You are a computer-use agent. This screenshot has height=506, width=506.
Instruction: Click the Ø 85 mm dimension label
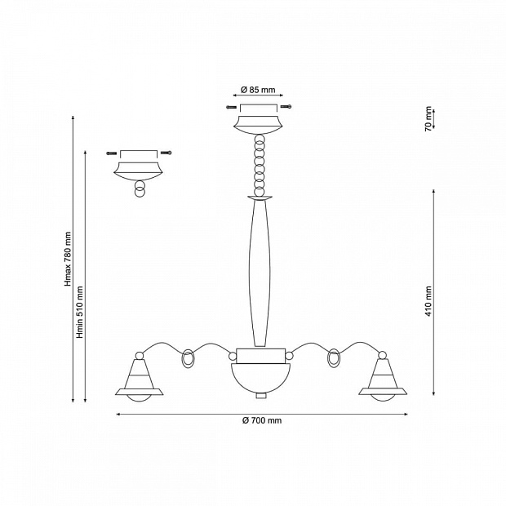tap(258, 90)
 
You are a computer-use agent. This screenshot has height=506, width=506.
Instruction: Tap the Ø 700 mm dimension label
tap(262, 420)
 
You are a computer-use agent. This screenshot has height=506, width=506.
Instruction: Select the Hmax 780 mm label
tap(68, 259)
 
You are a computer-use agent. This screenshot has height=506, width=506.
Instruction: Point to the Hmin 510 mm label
tap(79, 312)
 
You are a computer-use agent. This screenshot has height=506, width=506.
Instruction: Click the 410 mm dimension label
tap(428, 301)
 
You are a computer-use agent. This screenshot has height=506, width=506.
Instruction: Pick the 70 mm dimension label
tap(428, 119)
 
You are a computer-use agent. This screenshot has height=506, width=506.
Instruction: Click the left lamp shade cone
tap(137, 374)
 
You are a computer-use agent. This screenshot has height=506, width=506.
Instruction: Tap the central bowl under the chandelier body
tap(260, 378)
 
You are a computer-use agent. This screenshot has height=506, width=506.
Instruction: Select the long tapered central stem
tap(260, 273)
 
